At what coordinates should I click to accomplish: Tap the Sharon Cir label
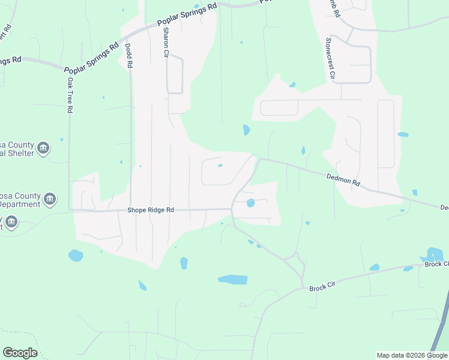pyautogui.click(x=166, y=43)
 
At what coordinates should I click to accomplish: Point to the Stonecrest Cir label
pyautogui.click(x=328, y=58)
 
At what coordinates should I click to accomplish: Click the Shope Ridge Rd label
pyautogui.click(x=150, y=210)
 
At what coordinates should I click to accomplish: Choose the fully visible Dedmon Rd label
pyautogui.click(x=343, y=178)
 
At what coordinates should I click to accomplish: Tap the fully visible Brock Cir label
pyautogui.click(x=321, y=288)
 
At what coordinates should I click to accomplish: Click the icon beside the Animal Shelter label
pyautogui.click(x=43, y=148)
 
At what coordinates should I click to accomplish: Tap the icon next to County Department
pyautogui.click(x=50, y=199)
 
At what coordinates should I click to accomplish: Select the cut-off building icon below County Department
pyautogui.click(x=11, y=223)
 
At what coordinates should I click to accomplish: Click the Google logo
pyautogui.click(x=20, y=353)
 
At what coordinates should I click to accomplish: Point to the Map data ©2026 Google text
pyautogui.click(x=412, y=355)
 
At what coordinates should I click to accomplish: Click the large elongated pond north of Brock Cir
pyautogui.click(x=232, y=280)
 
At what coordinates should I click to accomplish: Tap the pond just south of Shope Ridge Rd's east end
pyautogui.click(x=250, y=203)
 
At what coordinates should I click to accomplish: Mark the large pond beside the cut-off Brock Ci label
pyautogui.click(x=434, y=254)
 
